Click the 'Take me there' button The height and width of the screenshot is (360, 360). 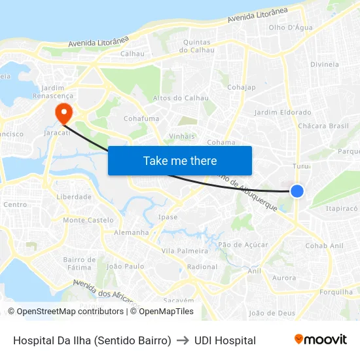[180, 160]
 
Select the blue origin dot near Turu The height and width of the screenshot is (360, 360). [297, 190]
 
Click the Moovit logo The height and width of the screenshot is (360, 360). [320, 339]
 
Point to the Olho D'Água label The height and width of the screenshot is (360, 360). [291, 27]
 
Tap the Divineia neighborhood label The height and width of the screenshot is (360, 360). [325, 64]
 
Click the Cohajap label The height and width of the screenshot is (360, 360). [242, 87]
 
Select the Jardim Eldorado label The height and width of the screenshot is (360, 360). [283, 113]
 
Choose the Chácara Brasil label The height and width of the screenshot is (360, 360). [323, 126]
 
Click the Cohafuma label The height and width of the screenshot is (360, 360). [141, 118]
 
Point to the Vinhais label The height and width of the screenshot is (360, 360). [183, 136]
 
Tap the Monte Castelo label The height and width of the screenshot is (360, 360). [88, 220]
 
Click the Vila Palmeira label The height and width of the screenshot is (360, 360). [185, 251]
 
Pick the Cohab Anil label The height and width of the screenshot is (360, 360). [324, 245]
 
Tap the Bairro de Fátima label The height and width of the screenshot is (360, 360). [79, 263]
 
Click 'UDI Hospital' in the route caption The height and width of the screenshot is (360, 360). [225, 340]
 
